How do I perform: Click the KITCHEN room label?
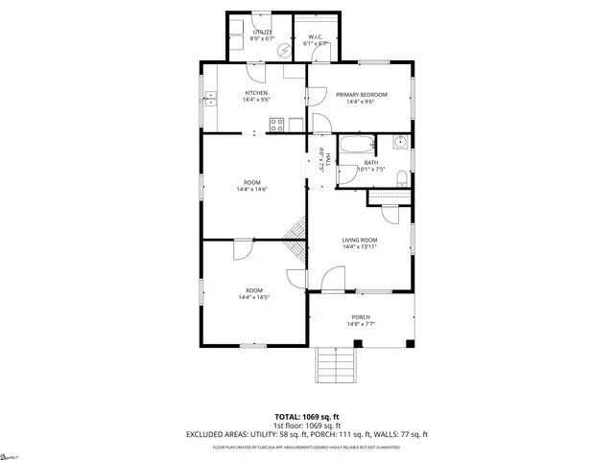[243, 93]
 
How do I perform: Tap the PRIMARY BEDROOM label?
[361, 94]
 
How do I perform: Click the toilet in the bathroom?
[405, 178]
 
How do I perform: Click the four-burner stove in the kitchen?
[275, 123]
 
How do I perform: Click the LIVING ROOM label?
[360, 240]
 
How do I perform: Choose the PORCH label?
[361, 317]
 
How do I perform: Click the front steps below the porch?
[336, 363]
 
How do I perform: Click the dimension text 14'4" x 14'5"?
[254, 297]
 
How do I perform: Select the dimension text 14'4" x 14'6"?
[252, 189]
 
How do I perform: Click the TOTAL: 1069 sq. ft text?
[307, 416]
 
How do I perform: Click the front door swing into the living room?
[332, 280]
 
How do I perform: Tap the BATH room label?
[370, 162]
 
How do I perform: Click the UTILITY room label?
[262, 32]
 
